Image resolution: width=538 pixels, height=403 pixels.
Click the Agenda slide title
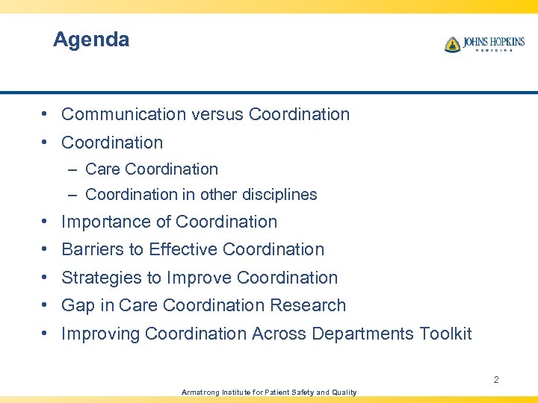(91, 40)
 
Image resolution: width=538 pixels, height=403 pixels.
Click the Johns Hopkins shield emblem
(452, 44)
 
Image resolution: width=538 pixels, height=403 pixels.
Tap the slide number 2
(495, 380)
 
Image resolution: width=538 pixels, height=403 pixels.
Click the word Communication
(123, 114)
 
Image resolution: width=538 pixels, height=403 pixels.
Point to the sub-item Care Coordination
(152, 169)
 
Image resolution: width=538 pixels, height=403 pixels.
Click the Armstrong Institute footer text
(269, 392)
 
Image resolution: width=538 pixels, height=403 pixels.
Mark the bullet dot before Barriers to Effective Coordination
(46, 249)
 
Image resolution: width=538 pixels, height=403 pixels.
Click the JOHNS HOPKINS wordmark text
(492, 42)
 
